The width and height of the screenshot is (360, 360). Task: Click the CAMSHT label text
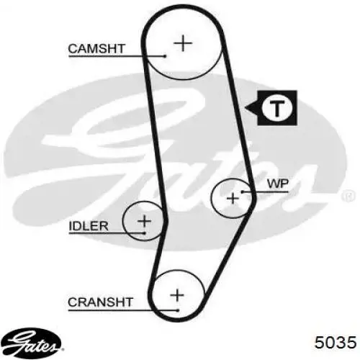pyautogui.click(x=96, y=49)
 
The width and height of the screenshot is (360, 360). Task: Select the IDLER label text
pyautogui.click(x=89, y=226)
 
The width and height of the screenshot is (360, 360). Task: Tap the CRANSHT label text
pyautogui.click(x=100, y=302)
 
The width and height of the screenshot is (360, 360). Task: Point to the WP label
pyautogui.click(x=278, y=184)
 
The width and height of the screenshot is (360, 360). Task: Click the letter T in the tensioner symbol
pyautogui.click(x=277, y=108)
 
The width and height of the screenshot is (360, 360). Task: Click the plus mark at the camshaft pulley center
pyautogui.click(x=183, y=43)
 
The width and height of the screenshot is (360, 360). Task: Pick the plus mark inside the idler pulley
pyautogui.click(x=144, y=221)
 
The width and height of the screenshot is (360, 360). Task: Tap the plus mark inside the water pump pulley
pyautogui.click(x=233, y=198)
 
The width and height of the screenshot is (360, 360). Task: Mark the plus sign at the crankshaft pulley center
pyautogui.click(x=177, y=294)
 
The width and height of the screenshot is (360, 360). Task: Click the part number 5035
pyautogui.click(x=336, y=342)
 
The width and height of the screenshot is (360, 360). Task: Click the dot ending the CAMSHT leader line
pyautogui.click(x=165, y=56)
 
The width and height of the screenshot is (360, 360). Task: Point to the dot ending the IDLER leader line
pyautogui.click(x=145, y=233)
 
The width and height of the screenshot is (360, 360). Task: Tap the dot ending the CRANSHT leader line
pyautogui.click(x=178, y=310)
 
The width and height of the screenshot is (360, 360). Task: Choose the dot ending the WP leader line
pyautogui.click(x=243, y=192)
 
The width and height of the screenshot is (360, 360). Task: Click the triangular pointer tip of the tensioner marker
pyautogui.click(x=246, y=107)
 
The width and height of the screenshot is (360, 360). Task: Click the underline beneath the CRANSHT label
pyautogui.click(x=123, y=310)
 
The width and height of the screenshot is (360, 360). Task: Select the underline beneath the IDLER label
pyautogui.click(x=107, y=233)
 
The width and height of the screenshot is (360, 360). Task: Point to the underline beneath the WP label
pyautogui.click(x=266, y=192)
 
